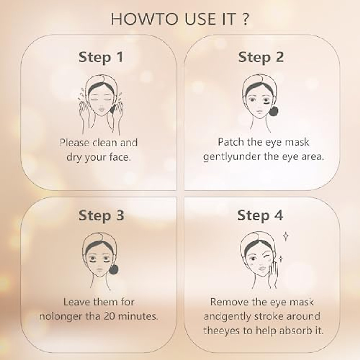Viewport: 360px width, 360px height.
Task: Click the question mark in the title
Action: (x=244, y=19)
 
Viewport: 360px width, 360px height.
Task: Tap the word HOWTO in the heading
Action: (x=144, y=19)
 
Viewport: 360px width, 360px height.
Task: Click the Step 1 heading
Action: (x=101, y=57)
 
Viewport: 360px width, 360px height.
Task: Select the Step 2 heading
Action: (x=261, y=57)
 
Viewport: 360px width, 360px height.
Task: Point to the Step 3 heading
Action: (x=101, y=215)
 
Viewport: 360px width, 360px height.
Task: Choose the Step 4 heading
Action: (x=260, y=215)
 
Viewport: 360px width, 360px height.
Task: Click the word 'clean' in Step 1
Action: (x=105, y=142)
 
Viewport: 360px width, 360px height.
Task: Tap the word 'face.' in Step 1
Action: (x=120, y=157)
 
